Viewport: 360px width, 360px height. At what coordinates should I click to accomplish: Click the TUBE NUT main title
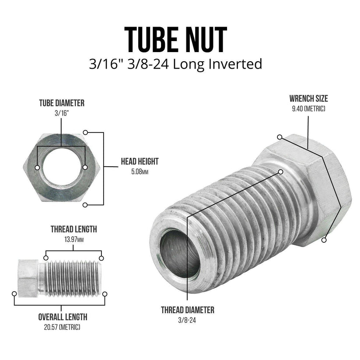176,39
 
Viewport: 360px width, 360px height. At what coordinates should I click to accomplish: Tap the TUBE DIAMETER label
62,103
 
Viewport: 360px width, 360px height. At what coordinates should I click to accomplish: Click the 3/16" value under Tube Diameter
62,113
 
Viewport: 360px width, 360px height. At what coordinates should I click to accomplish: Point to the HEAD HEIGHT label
140,161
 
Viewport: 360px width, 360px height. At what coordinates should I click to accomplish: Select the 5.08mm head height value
140,172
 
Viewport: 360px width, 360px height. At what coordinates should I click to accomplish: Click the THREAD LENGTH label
73,229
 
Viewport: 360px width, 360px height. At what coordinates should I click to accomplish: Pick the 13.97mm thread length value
73,239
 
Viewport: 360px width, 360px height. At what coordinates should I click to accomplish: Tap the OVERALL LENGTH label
63,317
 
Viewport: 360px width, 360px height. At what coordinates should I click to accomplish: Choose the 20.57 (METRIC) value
62,327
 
